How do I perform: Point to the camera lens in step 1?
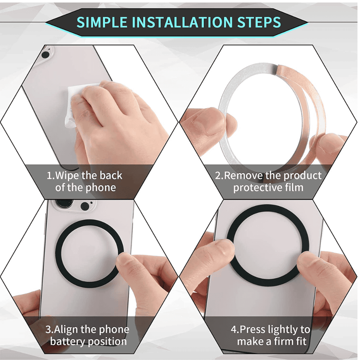[45, 55]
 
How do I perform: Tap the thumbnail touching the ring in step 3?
[123, 262]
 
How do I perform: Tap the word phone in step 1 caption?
[101, 188]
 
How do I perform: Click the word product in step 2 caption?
[303, 176]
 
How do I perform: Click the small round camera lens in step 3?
[85, 206]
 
